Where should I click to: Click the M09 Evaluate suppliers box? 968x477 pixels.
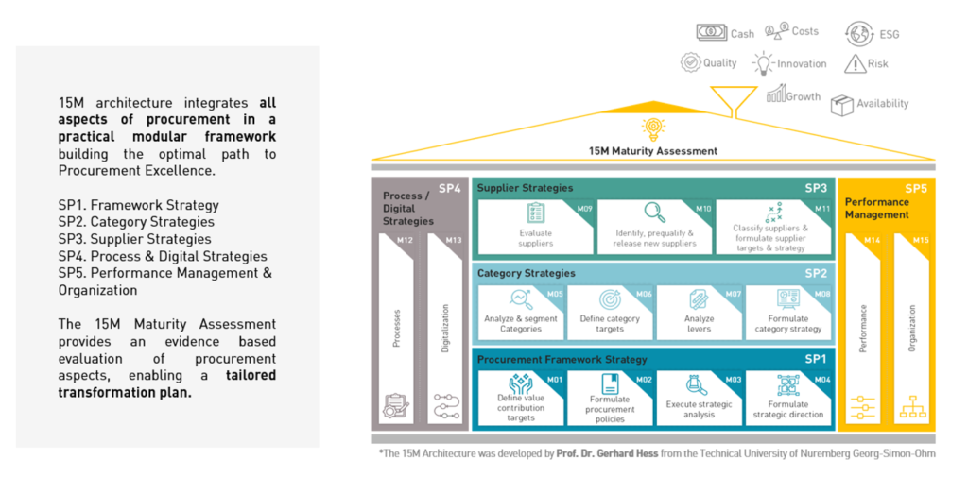click(x=535, y=227)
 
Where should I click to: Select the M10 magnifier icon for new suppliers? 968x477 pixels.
click(x=654, y=213)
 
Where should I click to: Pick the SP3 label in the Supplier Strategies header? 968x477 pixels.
click(x=815, y=188)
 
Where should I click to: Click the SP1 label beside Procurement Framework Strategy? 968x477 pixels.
click(x=815, y=359)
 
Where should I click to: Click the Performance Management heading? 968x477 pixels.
click(x=876, y=208)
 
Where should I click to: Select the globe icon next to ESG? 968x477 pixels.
click(x=859, y=33)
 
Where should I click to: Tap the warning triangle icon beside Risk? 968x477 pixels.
click(x=855, y=64)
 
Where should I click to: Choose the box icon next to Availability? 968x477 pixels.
click(x=841, y=104)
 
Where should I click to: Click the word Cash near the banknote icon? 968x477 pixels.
click(x=742, y=34)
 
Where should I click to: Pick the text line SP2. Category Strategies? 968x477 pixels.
click(x=136, y=222)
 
